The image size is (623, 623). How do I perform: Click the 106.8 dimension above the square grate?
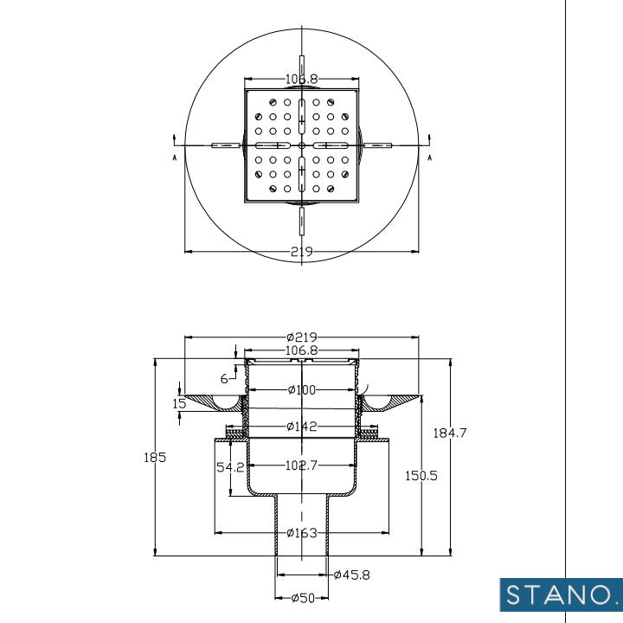(301, 79)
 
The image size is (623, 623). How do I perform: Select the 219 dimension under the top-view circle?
(301, 252)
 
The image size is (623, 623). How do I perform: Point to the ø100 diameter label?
(301, 390)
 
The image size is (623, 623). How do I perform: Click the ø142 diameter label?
(301, 427)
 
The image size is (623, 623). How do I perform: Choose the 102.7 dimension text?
(301, 465)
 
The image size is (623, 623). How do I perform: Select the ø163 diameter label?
(301, 532)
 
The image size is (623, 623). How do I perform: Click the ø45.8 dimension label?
(351, 575)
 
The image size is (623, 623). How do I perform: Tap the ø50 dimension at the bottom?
(301, 598)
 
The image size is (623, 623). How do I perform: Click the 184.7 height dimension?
(450, 434)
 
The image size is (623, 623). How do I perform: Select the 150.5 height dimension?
(422, 475)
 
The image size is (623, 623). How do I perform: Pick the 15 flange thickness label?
(179, 403)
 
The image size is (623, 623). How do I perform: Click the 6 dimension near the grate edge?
(224, 378)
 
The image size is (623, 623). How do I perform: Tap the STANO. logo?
(561, 595)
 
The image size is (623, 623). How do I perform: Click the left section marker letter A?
(175, 157)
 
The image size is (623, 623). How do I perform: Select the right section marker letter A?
(429, 157)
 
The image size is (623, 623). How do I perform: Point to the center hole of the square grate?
(301, 145)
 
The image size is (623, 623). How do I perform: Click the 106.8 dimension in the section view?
(301, 351)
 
